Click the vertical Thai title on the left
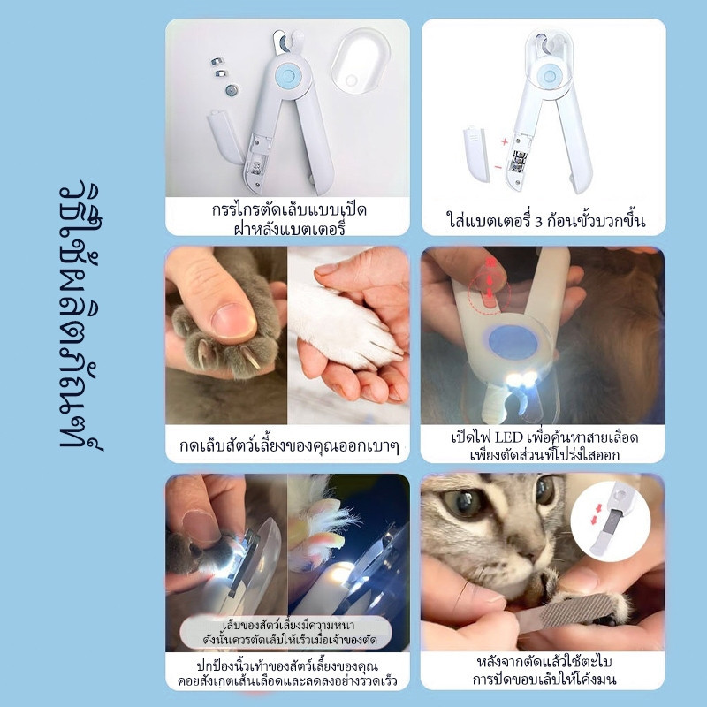pyautogui.click(x=81, y=315)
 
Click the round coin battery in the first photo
pyautogui.click(x=232, y=90)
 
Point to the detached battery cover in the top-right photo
pyautogui.click(x=476, y=154)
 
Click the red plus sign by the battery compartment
pyautogui.click(x=504, y=142)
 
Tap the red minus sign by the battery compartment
pyautogui.click(x=498, y=167)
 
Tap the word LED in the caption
pyautogui.click(x=509, y=437)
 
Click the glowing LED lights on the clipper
pyautogui.click(x=522, y=379)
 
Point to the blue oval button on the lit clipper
pyautogui.click(x=513, y=342)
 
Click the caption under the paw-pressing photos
pyautogui.click(x=289, y=446)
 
